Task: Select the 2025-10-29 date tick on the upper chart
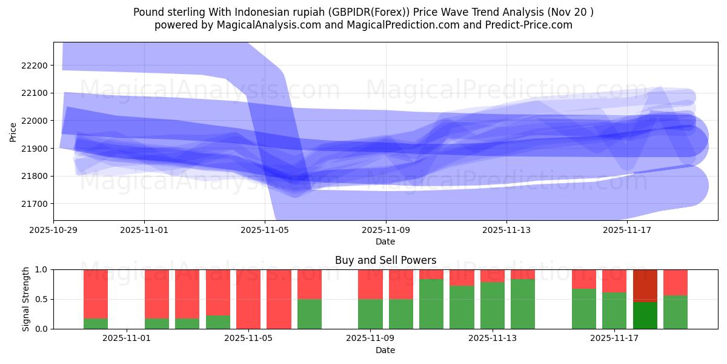pyautogui.click(x=53, y=230)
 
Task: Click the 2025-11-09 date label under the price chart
pyautogui.click(x=385, y=230)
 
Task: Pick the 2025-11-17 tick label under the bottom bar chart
pyautogui.click(x=614, y=338)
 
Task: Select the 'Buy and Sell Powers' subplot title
pyautogui.click(x=385, y=260)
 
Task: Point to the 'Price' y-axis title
pyautogui.click(x=13, y=132)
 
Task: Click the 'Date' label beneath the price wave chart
pyautogui.click(x=385, y=241)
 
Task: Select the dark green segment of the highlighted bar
pyautogui.click(x=645, y=315)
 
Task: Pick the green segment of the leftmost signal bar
pyautogui.click(x=96, y=323)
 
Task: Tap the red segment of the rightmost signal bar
pyautogui.click(x=676, y=282)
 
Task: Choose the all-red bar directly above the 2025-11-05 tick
pyautogui.click(x=248, y=299)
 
